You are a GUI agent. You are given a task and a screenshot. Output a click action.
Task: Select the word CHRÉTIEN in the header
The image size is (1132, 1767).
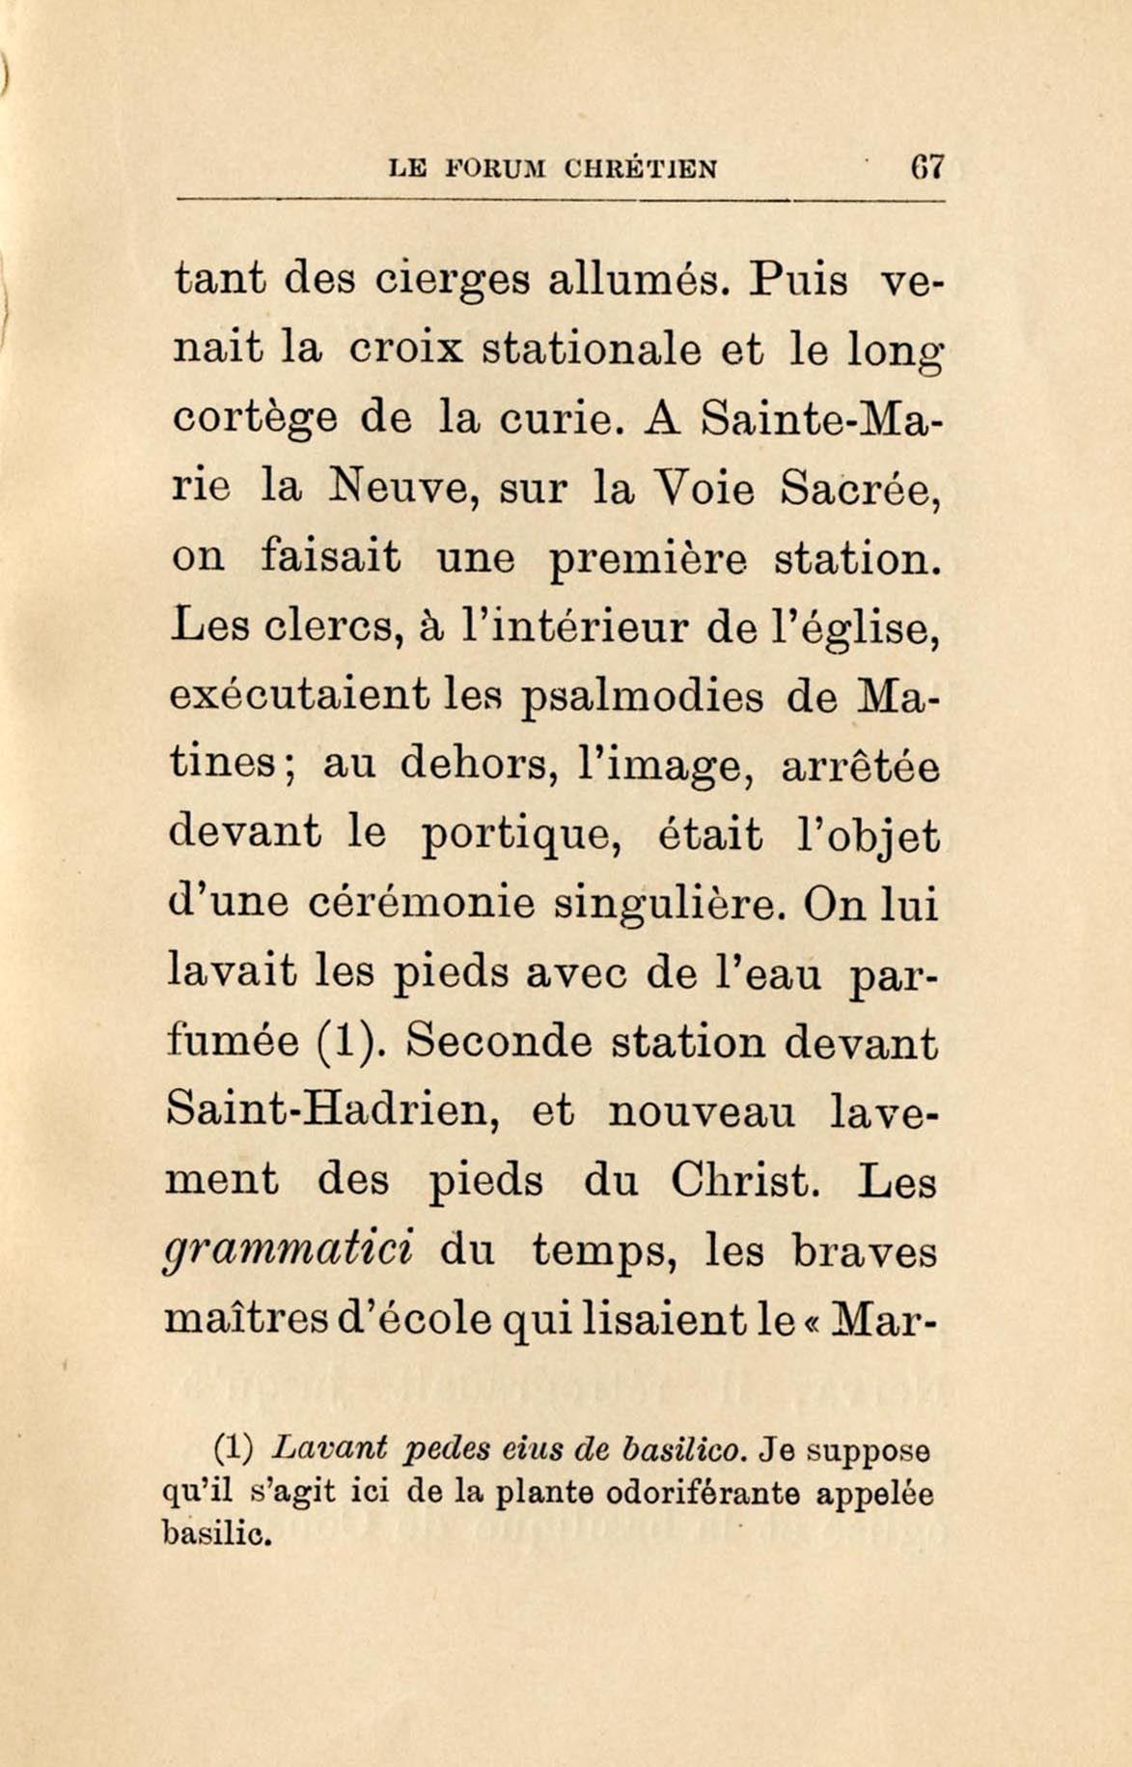point(641,169)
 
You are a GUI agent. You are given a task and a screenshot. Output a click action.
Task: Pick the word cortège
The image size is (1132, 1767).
point(255,420)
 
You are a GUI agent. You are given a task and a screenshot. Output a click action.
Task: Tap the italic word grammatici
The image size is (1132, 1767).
point(290,1251)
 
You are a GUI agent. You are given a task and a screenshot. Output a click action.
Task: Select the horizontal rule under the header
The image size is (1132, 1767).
point(560,200)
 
